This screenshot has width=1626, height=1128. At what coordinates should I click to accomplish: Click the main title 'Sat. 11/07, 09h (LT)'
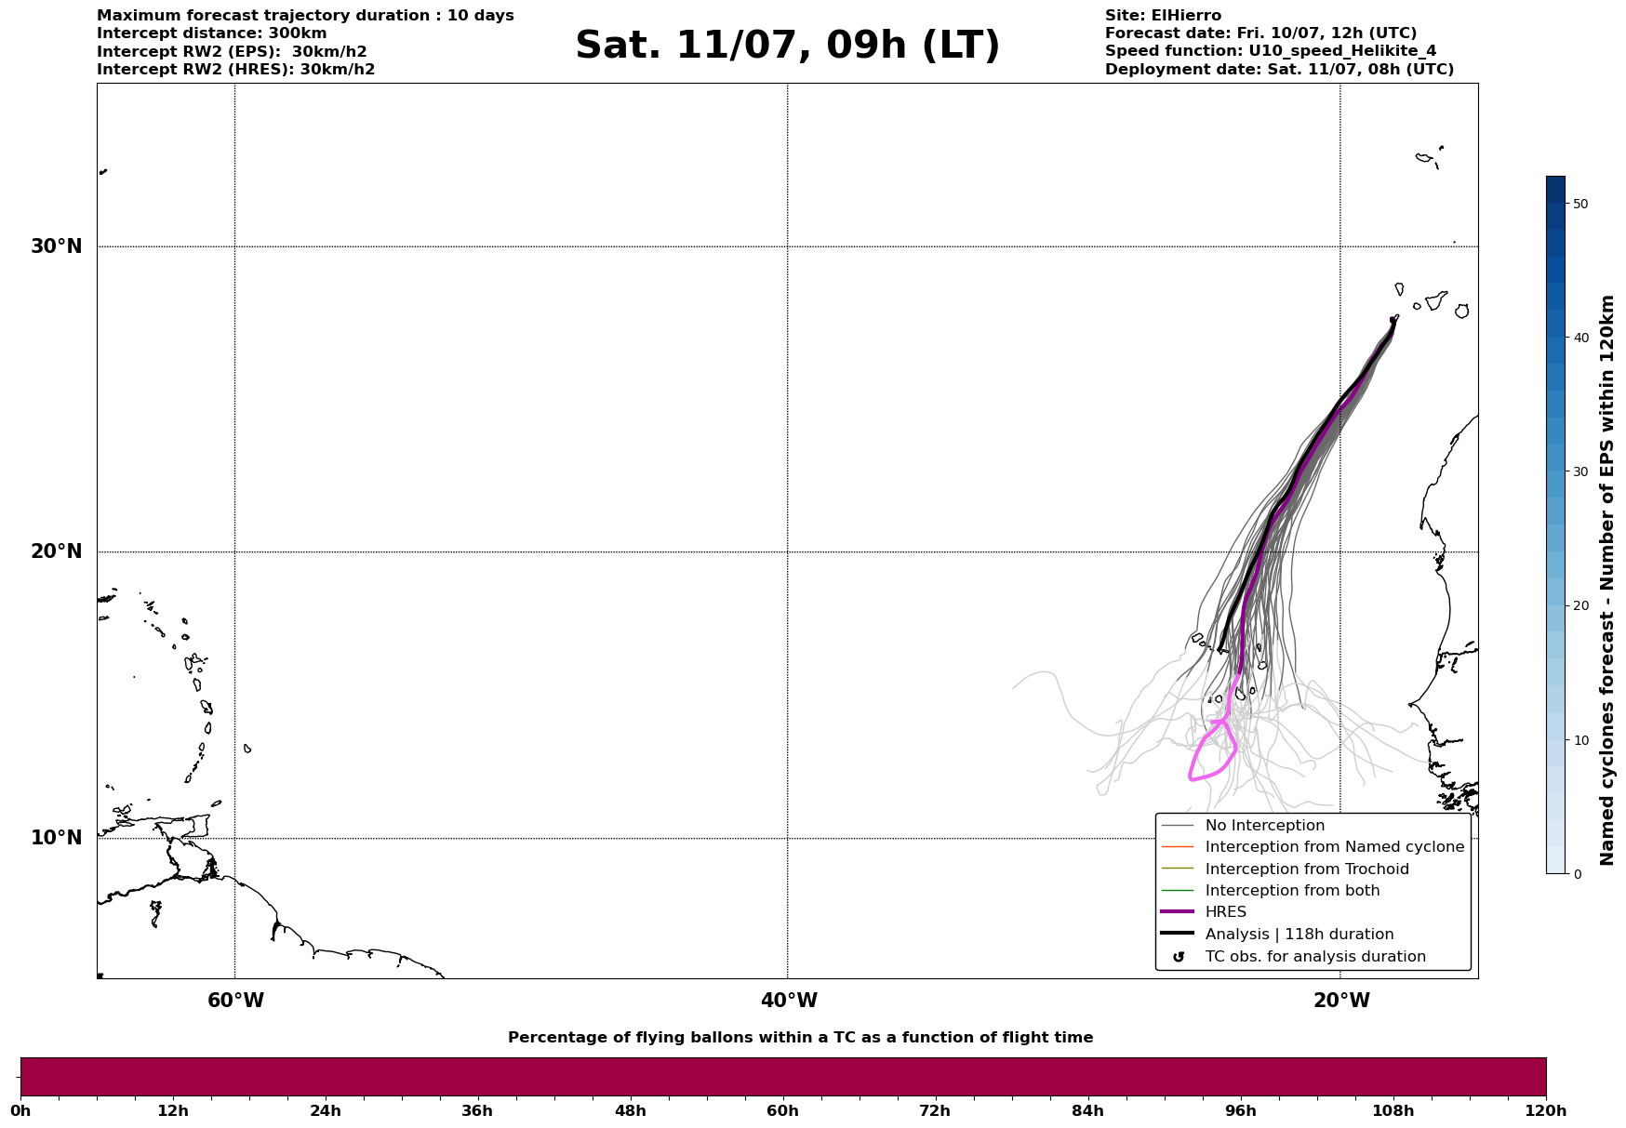click(x=787, y=46)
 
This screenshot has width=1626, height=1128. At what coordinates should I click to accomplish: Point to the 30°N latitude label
click(x=56, y=246)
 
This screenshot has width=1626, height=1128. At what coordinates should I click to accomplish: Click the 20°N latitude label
click(x=56, y=551)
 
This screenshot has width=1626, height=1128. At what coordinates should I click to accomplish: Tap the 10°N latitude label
click(x=56, y=838)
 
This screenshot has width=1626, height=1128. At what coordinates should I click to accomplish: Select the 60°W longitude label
click(x=235, y=1001)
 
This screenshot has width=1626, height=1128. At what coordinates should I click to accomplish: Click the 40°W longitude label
click(x=789, y=1001)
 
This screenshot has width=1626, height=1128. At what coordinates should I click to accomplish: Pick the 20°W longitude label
click(x=1341, y=1001)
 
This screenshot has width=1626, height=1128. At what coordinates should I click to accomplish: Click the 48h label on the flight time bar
click(x=630, y=1110)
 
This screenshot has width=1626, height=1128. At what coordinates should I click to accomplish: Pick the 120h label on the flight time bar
click(x=1545, y=1110)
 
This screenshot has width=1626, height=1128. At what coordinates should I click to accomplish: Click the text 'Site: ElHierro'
click(x=1163, y=16)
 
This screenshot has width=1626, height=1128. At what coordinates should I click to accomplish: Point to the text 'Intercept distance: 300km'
click(x=212, y=33)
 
